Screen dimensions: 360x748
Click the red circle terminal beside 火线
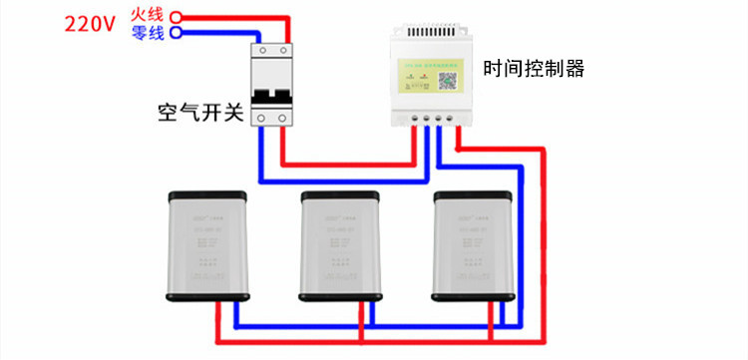tap(177, 17)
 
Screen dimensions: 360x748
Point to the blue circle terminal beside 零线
tap(177, 32)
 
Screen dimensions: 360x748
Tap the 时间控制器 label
tap(534, 69)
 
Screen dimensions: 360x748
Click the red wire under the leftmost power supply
tap(220, 324)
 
